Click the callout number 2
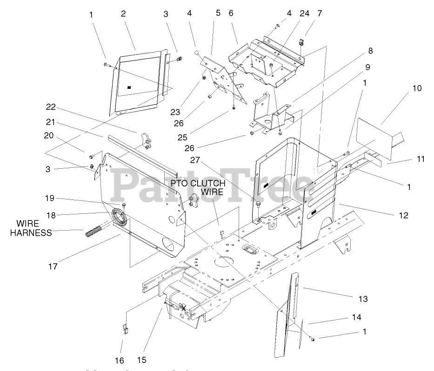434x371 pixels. click(123, 14)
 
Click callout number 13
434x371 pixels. click(363, 298)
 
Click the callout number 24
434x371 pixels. click(304, 14)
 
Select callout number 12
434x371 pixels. click(403, 216)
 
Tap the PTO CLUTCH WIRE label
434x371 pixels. click(198, 187)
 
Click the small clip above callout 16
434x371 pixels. click(125, 329)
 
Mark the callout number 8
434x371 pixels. click(370, 51)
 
